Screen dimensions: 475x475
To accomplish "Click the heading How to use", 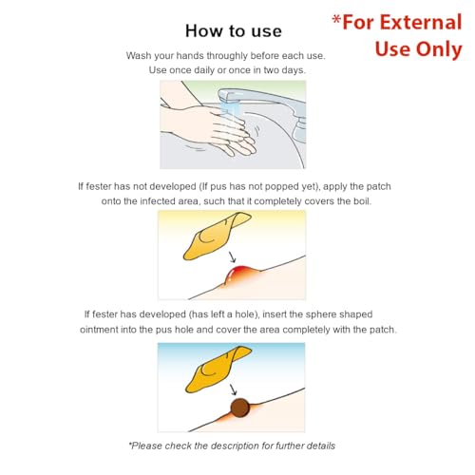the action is (x=234, y=31).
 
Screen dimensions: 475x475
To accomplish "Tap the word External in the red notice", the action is (x=421, y=23).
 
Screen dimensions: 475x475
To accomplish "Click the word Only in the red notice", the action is (x=439, y=49).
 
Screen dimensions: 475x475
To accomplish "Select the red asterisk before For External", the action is (x=336, y=21).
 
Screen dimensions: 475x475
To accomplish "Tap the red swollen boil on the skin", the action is (x=240, y=275).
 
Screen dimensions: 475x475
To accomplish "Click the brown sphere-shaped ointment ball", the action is (x=240, y=408).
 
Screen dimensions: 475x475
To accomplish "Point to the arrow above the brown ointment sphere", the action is (x=233, y=389).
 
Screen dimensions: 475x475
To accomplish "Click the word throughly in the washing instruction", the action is (x=227, y=56).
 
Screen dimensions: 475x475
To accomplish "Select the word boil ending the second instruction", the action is (x=362, y=201).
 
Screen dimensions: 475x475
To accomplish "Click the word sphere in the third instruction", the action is (x=322, y=314).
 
